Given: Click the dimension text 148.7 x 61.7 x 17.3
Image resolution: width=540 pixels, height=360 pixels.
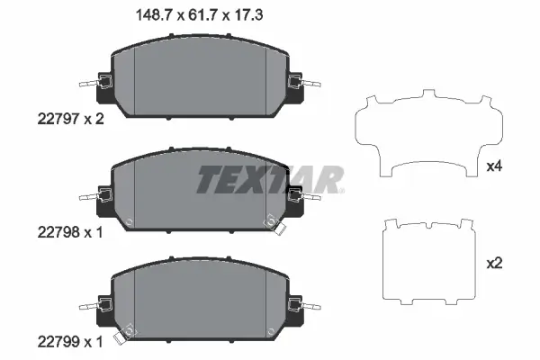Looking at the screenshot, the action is [200, 15].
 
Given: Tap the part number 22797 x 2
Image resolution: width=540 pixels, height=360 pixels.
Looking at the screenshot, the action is [70, 119].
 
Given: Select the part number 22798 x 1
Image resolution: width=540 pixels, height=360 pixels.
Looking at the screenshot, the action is [70, 232].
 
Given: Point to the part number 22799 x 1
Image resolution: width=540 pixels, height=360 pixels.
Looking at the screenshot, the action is [70, 342].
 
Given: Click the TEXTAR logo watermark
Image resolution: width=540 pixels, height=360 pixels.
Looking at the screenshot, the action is [270, 180].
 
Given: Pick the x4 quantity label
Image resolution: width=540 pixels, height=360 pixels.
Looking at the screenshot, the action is [494, 166].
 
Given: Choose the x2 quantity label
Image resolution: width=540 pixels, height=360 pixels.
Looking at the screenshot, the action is [494, 264].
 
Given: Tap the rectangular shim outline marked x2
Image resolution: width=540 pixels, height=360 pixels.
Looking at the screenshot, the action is [383, 262].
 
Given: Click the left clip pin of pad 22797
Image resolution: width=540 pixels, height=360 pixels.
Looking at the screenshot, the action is [90, 84].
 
